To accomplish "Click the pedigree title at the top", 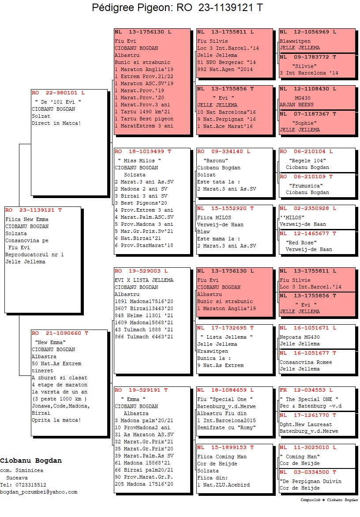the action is (177, 7).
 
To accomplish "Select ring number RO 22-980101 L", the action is (58, 93).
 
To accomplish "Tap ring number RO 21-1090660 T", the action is (60, 333).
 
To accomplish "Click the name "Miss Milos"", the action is (139, 161).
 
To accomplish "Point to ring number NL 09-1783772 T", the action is (307, 57).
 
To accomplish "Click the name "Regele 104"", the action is (307, 161).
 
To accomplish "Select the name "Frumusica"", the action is (306, 186).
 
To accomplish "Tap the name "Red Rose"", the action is (301, 243).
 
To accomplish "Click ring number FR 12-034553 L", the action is (306, 390).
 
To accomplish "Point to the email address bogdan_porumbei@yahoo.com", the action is (39, 492).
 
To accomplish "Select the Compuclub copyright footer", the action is (329, 500).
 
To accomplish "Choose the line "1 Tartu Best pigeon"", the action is (144, 119).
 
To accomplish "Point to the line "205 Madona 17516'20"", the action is (144, 484).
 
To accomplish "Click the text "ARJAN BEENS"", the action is (297, 105).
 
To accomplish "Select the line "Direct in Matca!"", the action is (56, 123).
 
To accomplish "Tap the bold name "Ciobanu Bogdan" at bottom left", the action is (31, 461).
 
